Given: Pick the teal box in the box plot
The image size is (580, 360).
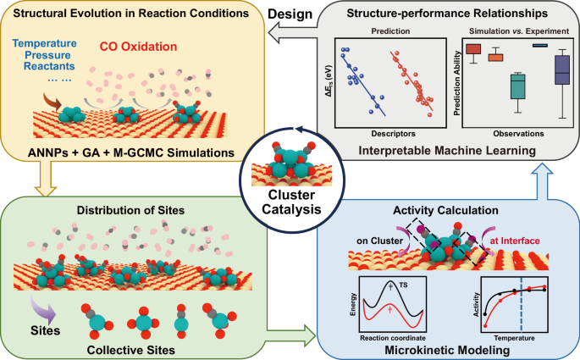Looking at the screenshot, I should pyautogui.click(x=518, y=86).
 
